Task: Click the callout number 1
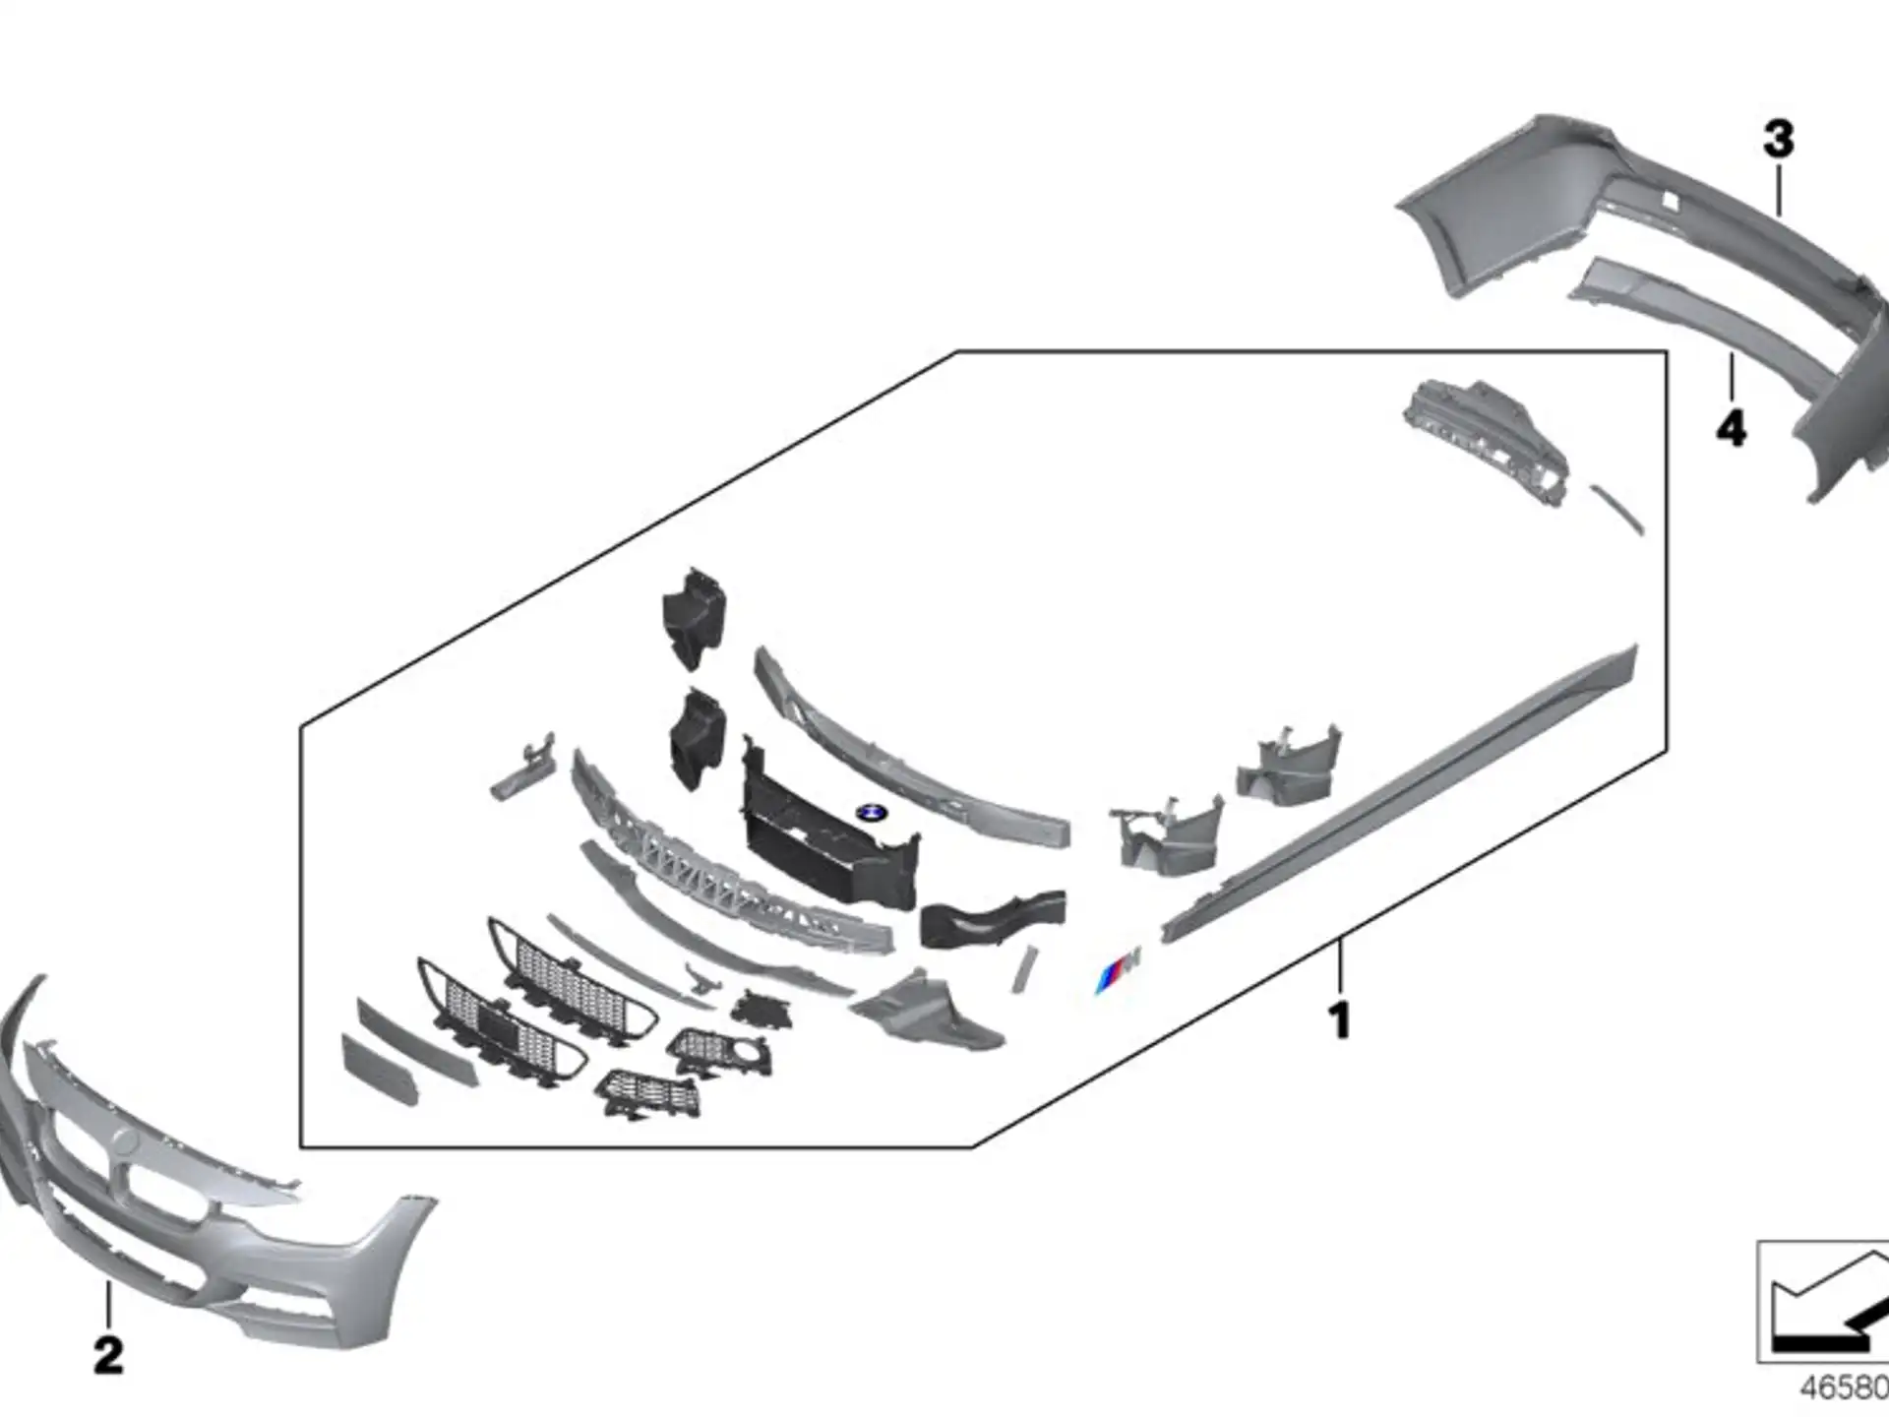(1339, 1021)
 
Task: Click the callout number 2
(109, 1355)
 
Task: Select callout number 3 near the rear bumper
(1778, 140)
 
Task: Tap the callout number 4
(1732, 428)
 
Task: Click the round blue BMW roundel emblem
(872, 813)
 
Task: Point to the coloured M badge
(1119, 969)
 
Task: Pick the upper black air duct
(694, 618)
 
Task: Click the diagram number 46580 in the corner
(1844, 1387)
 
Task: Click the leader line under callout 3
(1779, 190)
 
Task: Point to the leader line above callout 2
(108, 1305)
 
